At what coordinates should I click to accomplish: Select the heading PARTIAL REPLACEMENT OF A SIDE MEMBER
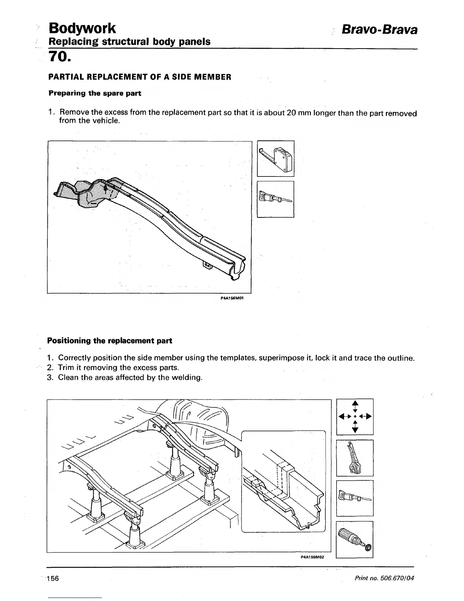tap(139, 77)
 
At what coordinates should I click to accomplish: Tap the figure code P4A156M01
tap(232, 298)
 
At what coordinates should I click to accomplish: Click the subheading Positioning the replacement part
tap(110, 341)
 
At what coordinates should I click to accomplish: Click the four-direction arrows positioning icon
tap(355, 416)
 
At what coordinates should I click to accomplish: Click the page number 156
tap(53, 578)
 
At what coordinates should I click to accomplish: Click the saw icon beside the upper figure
tap(276, 199)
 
